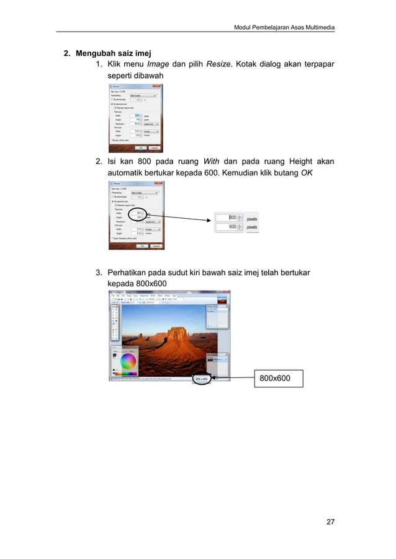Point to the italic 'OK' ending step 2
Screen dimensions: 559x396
tap(306, 174)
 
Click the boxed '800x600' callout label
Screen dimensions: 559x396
tap(277, 377)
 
